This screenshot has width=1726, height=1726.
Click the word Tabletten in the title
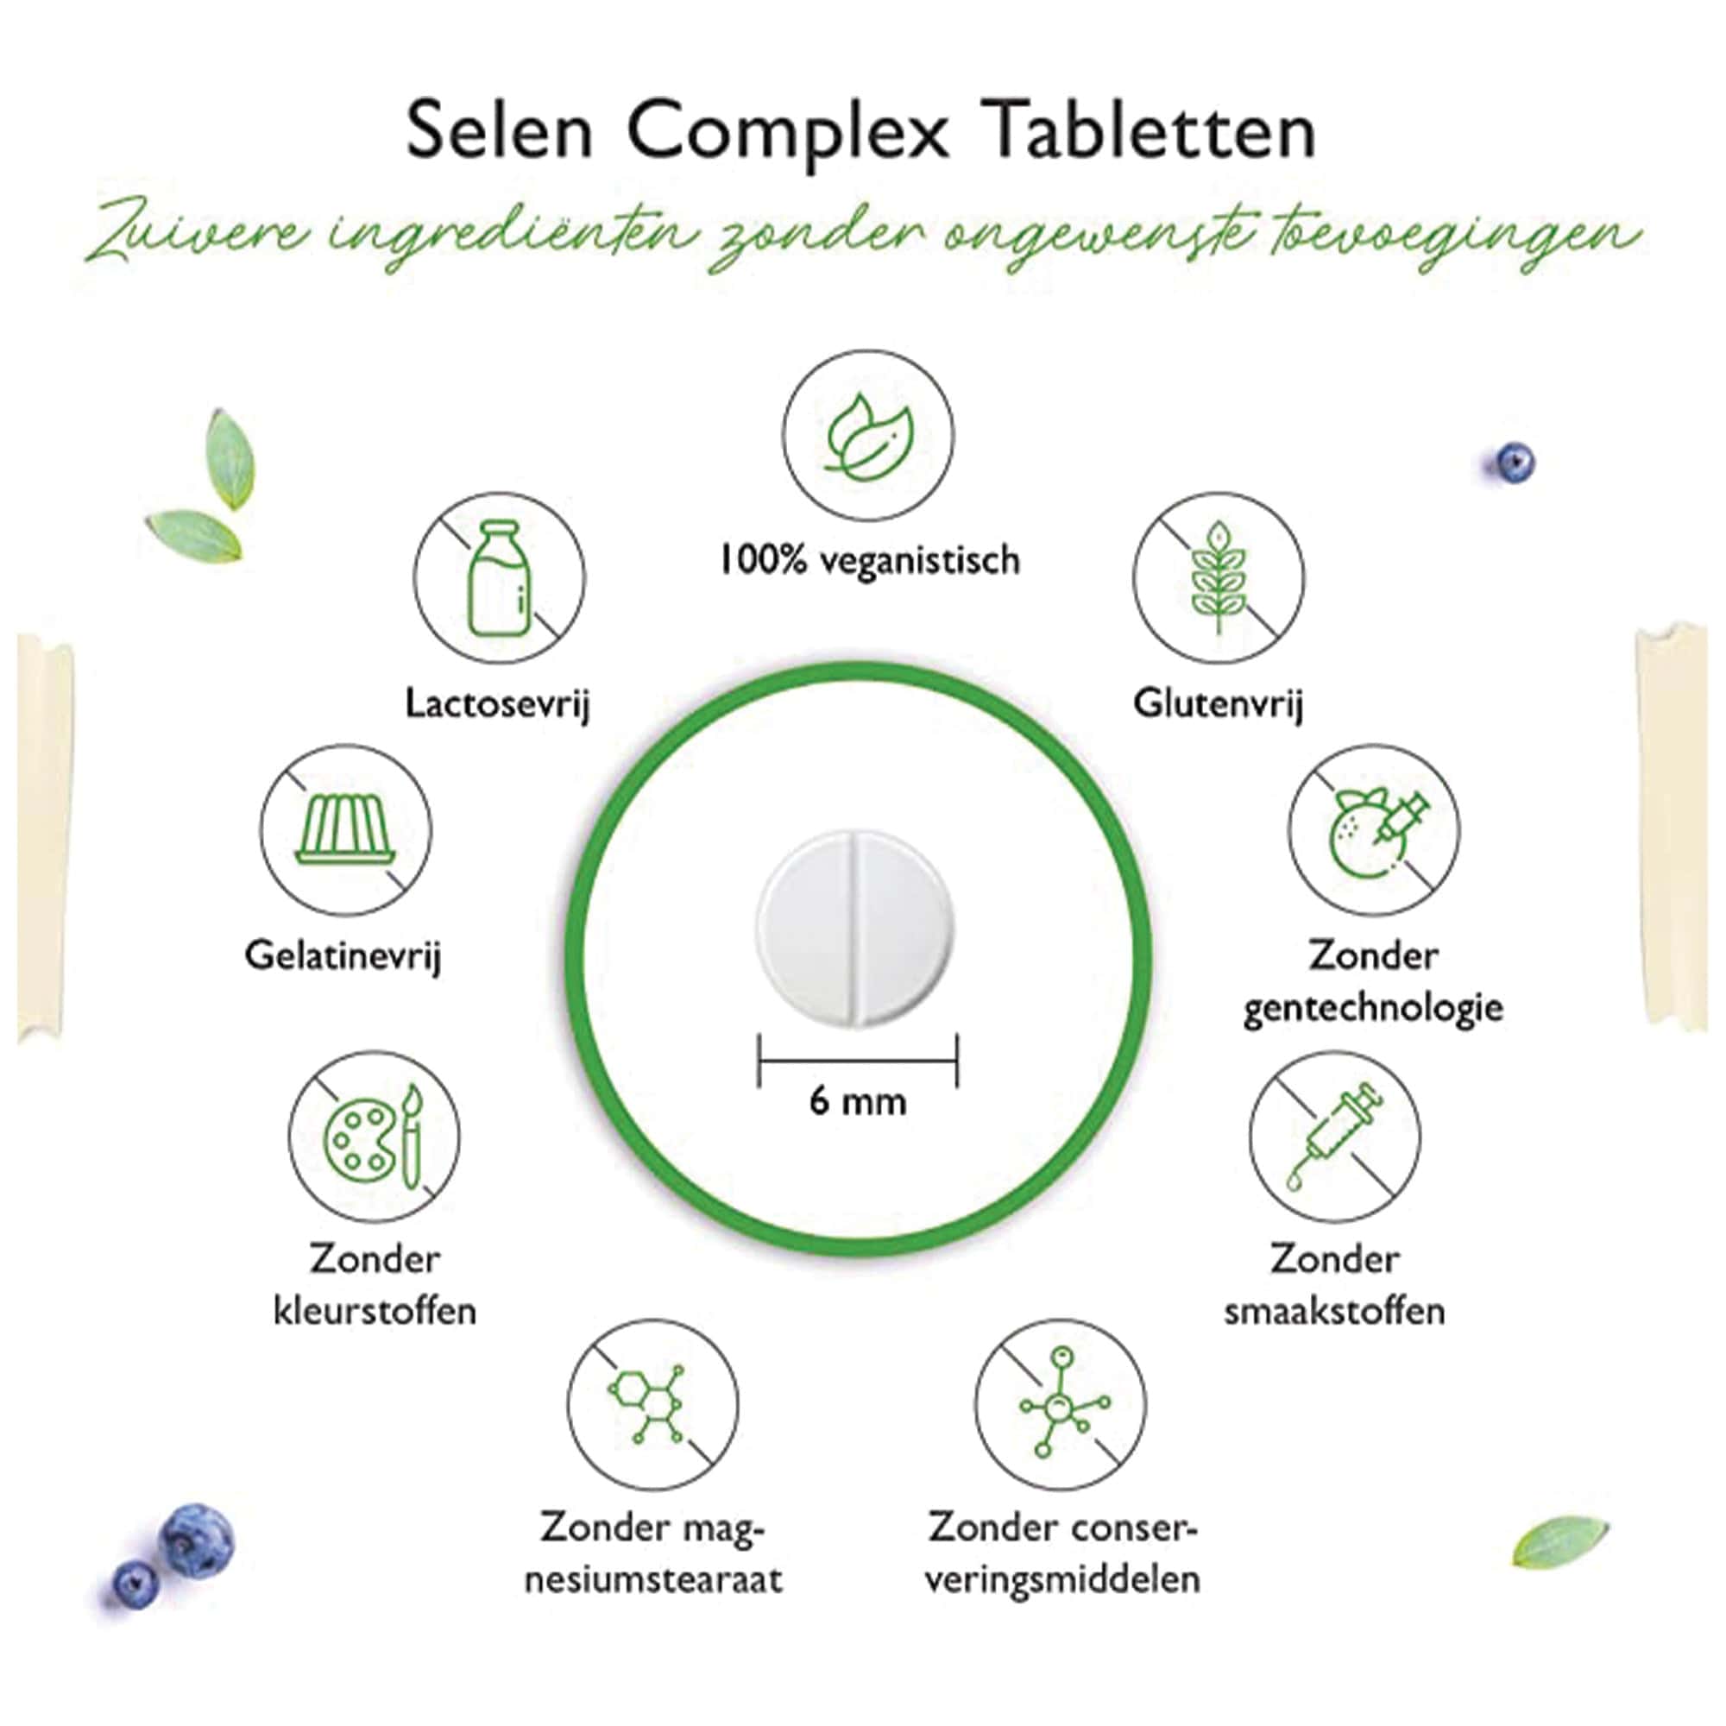1151,132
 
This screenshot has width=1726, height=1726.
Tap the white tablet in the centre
856,929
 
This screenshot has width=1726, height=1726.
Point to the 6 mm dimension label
858,1101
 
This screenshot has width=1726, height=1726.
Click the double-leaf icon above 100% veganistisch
867,435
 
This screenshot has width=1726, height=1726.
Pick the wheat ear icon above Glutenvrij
1218,578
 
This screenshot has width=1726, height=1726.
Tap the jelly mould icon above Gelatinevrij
346,830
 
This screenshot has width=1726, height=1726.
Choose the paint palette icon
375,1137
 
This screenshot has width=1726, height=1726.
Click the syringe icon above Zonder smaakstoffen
1334,1137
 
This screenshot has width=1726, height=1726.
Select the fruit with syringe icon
1373,830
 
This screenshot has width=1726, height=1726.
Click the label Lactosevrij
498,704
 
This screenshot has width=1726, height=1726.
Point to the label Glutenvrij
1218,704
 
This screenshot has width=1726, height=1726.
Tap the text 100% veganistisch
868,561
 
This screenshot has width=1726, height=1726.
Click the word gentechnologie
1372,1009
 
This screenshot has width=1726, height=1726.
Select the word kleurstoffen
375,1313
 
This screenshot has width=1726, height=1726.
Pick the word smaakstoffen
1334,1313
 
